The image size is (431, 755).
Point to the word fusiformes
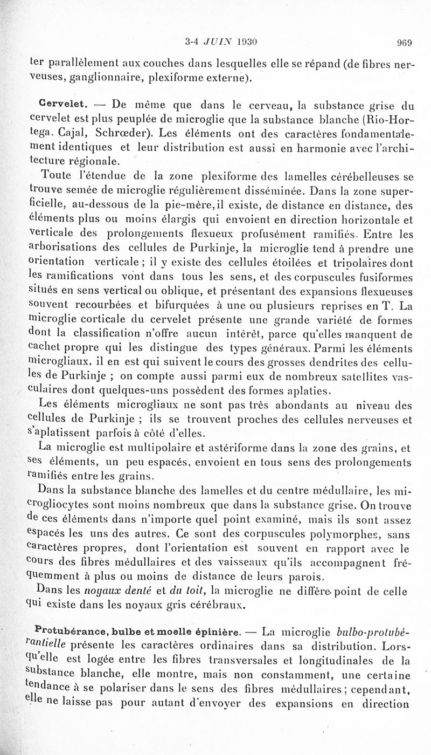385,278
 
